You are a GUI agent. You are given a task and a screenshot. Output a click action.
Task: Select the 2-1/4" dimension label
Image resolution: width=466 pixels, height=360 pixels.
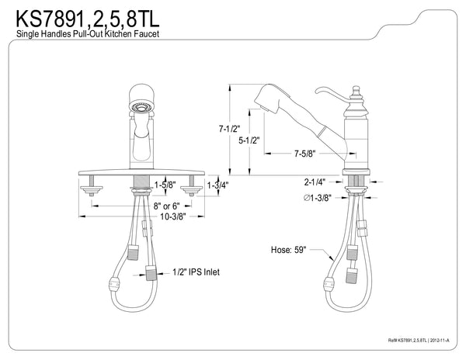pos(315,182)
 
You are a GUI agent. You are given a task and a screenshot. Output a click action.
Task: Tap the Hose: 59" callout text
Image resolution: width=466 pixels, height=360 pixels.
pos(290,250)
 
